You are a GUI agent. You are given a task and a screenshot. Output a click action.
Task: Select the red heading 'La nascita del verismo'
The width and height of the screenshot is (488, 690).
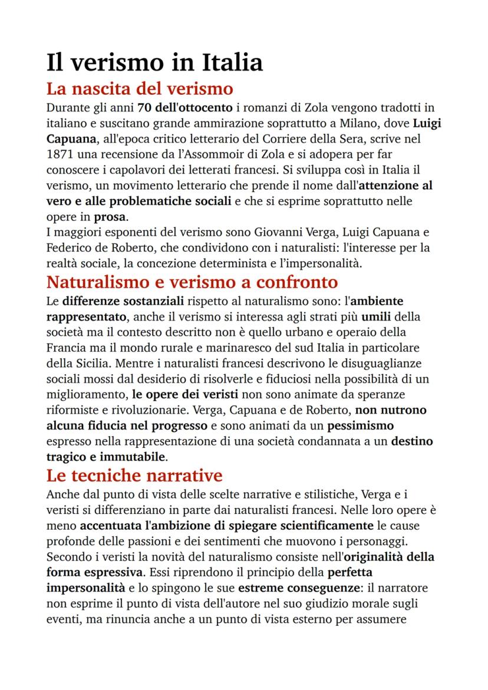click(140, 90)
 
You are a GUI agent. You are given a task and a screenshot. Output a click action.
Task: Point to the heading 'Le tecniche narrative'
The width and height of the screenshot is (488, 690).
click(134, 475)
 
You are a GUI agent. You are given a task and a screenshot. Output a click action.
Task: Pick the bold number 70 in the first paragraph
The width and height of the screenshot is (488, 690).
click(145, 108)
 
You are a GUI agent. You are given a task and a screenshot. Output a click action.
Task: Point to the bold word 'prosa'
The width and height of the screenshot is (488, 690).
click(110, 216)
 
